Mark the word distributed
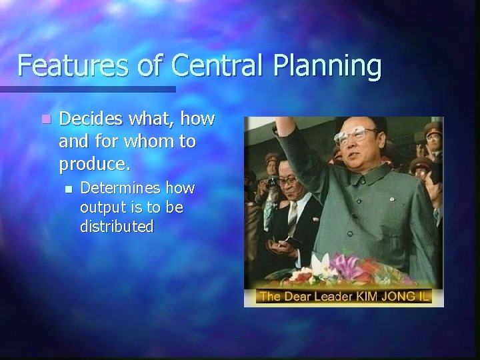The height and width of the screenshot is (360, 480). [117, 227]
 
